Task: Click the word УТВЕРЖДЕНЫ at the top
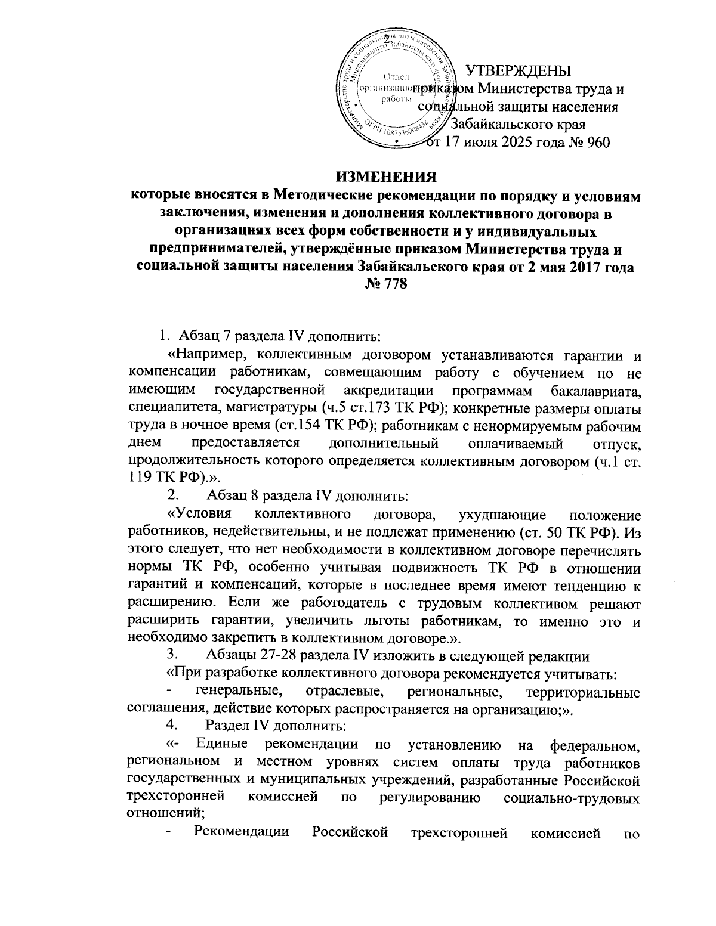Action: [x=518, y=71]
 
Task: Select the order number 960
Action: [x=597, y=143]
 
